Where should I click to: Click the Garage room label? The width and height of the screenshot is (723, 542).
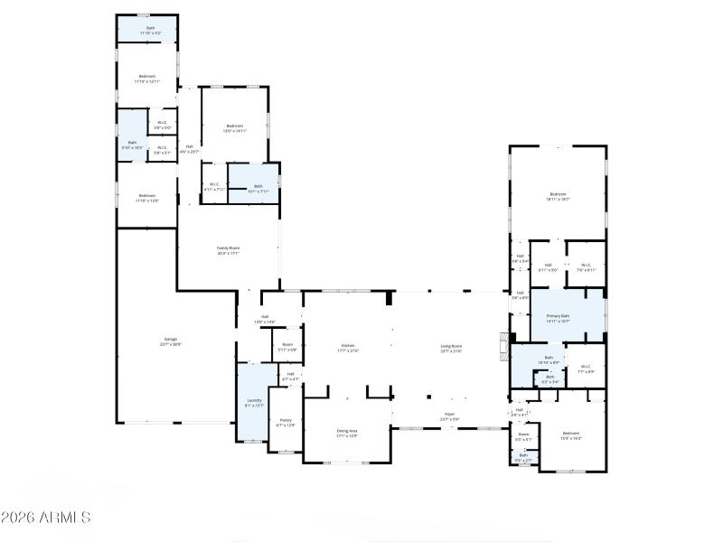coord(170,341)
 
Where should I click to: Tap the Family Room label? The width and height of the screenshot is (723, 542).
coord(228,250)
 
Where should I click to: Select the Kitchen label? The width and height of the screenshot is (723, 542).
coord(349,347)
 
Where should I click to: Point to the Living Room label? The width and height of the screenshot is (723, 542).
coord(451,347)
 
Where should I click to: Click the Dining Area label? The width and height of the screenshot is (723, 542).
coord(347,433)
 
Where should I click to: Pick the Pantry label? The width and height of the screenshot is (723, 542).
coord(286,422)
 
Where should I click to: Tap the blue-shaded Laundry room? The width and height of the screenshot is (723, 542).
coord(254,403)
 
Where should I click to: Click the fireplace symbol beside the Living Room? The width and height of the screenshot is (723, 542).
coord(503,347)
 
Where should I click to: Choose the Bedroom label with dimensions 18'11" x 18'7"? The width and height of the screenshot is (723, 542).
coord(558,196)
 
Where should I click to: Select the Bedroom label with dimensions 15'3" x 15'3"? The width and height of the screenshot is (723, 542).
coord(570,435)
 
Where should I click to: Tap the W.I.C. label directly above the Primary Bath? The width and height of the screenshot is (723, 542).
coord(585,266)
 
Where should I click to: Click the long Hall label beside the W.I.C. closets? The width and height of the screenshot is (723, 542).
coord(189,149)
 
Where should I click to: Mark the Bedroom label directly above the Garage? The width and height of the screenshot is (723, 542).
coord(146,198)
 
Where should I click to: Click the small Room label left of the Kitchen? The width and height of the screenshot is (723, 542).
coord(287,346)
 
